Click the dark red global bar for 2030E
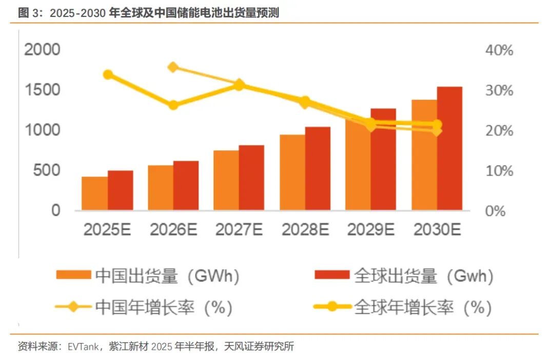[x=450, y=149]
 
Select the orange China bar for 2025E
[x=95, y=193]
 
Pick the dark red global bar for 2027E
[x=252, y=177]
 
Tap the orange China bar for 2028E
[x=292, y=172]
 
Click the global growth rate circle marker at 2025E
[x=108, y=75]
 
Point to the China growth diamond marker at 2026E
[x=173, y=67]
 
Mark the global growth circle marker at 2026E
[x=173, y=105]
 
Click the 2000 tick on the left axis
[x=42, y=50]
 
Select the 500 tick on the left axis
[x=47, y=170]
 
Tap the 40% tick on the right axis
[x=499, y=51]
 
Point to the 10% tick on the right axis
[x=499, y=171]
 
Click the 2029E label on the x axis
[x=371, y=230]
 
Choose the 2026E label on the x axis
[x=173, y=230]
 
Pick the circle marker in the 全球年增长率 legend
[x=332, y=307]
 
